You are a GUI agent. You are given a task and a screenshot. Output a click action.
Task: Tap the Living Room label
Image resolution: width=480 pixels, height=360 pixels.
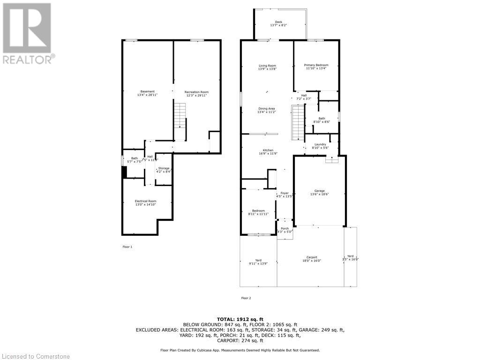(267, 67)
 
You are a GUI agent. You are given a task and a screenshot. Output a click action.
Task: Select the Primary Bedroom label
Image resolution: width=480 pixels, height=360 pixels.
(316, 67)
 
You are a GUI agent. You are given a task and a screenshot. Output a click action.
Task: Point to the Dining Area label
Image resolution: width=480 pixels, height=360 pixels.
(266, 110)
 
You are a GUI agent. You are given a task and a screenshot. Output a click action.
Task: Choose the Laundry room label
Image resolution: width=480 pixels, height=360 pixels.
(320, 146)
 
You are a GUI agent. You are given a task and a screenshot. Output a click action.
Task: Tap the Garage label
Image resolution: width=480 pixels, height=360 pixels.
(320, 192)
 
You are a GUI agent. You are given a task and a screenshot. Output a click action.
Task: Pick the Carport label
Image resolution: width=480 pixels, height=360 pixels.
(312, 259)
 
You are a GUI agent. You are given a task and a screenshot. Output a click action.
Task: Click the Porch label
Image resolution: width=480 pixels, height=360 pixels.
(285, 230)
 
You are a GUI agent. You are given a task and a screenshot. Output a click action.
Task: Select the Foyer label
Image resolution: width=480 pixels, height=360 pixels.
(285, 195)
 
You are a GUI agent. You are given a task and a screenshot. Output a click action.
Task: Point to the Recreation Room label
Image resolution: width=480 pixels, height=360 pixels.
(196, 93)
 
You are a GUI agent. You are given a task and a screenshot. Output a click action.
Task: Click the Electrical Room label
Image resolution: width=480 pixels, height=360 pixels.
(145, 202)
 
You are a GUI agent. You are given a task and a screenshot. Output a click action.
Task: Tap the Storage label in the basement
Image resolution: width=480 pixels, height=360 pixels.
(164, 169)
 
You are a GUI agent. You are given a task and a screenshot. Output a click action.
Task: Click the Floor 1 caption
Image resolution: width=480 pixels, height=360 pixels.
(127, 247)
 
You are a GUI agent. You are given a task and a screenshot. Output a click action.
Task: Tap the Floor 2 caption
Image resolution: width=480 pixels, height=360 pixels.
(246, 298)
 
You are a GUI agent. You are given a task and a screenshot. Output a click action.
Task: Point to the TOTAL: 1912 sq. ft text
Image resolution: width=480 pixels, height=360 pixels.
(240, 319)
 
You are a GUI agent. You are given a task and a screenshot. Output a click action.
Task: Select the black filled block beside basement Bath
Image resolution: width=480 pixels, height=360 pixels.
(124, 172)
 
